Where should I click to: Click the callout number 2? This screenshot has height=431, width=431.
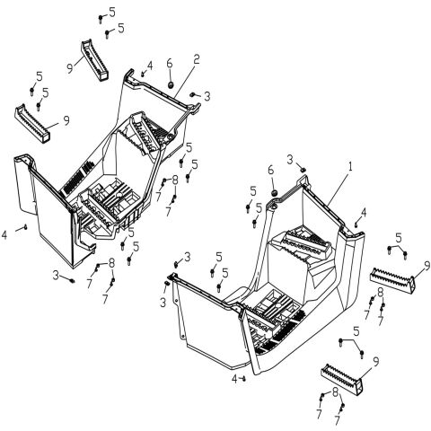(x=196, y=59)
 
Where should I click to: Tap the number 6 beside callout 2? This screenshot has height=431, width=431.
(x=168, y=66)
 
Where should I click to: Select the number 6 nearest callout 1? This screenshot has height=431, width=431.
(x=270, y=170)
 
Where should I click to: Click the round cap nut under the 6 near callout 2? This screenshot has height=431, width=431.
(x=169, y=84)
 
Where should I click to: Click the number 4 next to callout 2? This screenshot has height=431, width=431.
(x=150, y=65)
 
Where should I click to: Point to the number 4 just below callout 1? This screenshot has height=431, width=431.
(x=363, y=214)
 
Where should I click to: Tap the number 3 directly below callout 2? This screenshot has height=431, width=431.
(x=207, y=96)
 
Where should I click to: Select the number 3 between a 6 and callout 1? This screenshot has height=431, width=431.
(x=290, y=159)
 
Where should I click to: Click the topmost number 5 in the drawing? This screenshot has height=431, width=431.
(x=111, y=12)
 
